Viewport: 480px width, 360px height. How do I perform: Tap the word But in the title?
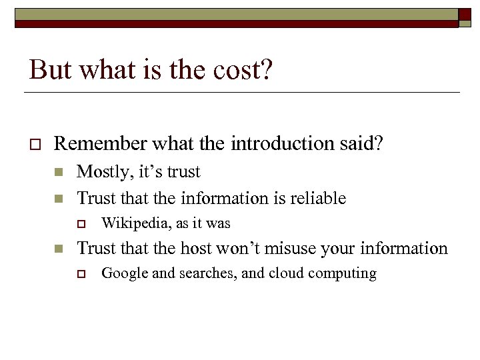click(x=46, y=69)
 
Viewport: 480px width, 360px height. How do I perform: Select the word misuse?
click(x=313, y=249)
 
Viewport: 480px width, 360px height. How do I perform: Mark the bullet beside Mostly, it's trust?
click(x=59, y=173)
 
